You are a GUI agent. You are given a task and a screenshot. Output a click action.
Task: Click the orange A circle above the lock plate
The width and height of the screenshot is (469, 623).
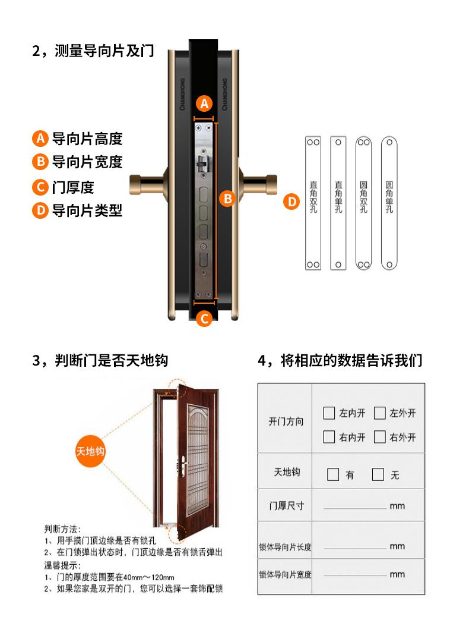[204, 103]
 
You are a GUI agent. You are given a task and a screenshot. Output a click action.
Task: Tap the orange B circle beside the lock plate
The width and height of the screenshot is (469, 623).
[228, 199]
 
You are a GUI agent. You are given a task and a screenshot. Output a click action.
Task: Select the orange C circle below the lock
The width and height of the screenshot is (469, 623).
[205, 319]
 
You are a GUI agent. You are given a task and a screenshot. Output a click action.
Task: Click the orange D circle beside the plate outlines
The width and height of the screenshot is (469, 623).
[291, 202]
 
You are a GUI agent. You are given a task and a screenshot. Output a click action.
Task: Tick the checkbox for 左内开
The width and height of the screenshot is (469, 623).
[329, 413]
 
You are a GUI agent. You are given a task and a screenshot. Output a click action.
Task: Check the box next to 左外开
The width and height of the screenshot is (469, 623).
[380, 413]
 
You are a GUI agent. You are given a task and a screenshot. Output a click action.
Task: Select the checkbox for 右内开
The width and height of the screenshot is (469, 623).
[329, 437]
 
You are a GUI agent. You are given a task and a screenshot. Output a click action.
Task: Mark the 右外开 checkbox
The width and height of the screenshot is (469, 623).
[380, 437]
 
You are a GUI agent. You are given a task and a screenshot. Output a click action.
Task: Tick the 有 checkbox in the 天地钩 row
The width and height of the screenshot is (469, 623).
[333, 474]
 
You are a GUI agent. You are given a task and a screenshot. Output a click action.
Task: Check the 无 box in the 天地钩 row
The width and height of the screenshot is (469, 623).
[378, 474]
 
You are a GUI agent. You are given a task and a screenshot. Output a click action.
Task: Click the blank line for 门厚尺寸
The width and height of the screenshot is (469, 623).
[355, 508]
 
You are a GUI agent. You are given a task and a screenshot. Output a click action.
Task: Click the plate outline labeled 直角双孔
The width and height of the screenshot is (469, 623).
[313, 203]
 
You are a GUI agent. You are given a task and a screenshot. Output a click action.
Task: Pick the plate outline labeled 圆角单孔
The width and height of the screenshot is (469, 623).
[389, 203]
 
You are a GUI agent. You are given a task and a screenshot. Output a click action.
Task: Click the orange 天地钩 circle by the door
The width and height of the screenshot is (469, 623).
[90, 451]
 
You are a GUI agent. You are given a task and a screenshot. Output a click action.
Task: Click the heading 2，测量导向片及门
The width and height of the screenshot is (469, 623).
[93, 51]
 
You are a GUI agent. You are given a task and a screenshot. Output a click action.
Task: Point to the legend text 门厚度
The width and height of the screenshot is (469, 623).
[73, 187]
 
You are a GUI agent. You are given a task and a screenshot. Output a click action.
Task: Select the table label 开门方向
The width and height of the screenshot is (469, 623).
[286, 421]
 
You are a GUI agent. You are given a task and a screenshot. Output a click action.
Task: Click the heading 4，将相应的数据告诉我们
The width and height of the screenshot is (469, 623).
[340, 360]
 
